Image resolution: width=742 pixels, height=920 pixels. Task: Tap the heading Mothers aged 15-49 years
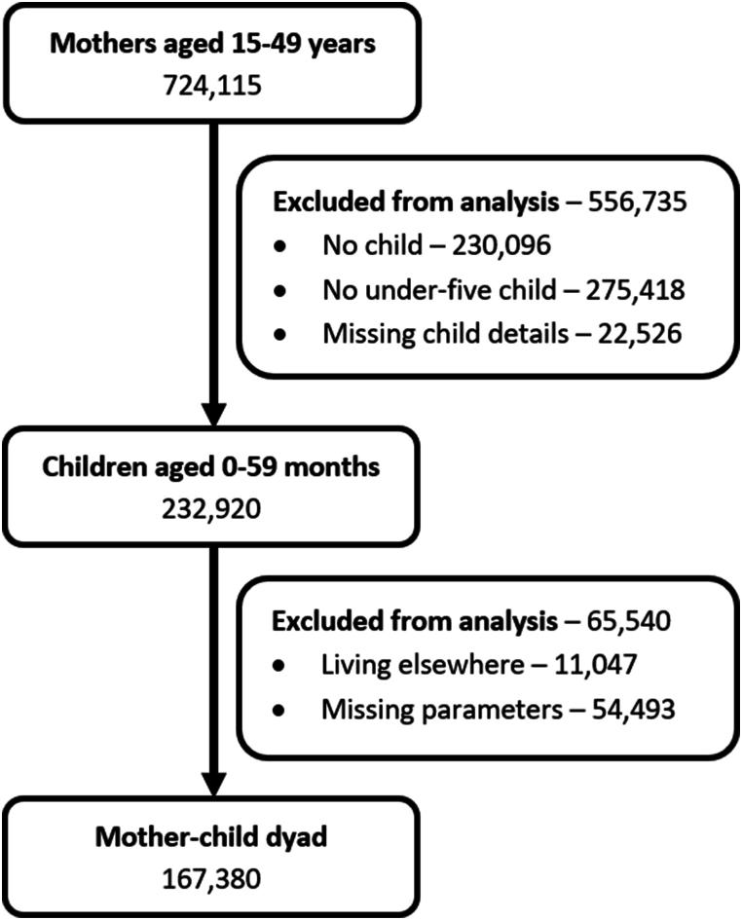click(x=212, y=45)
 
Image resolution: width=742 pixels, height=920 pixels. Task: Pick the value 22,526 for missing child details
click(x=641, y=334)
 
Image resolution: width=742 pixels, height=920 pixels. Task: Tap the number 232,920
click(x=212, y=506)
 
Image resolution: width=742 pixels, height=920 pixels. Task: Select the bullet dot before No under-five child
click(x=280, y=291)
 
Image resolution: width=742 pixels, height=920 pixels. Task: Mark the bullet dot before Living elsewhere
click(x=280, y=666)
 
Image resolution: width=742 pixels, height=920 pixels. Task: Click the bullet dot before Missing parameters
click(x=280, y=710)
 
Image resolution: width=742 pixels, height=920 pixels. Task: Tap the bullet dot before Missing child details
click(x=280, y=335)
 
